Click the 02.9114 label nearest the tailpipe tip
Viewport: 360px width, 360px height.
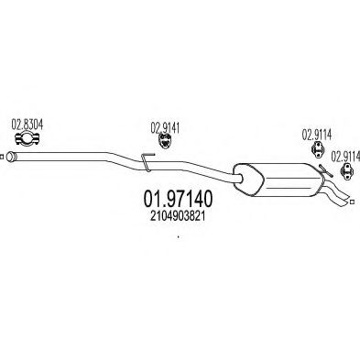[344, 155]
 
